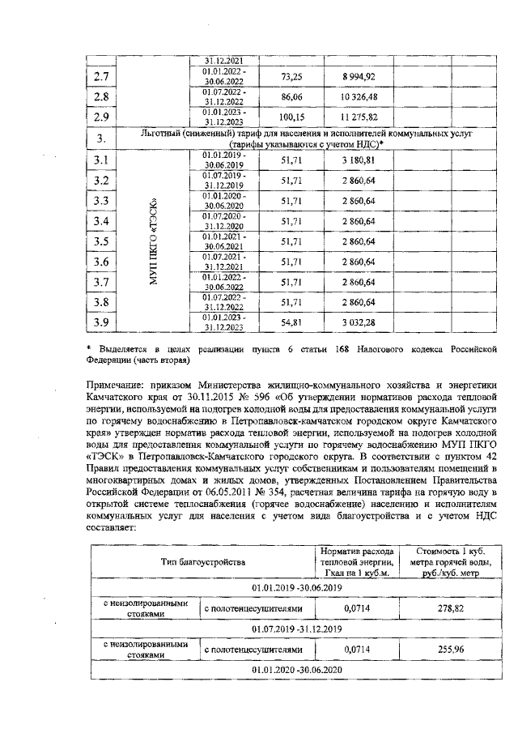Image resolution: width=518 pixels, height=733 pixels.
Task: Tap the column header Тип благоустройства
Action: point(202,561)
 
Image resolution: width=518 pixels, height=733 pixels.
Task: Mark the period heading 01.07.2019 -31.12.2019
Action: point(297,629)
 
